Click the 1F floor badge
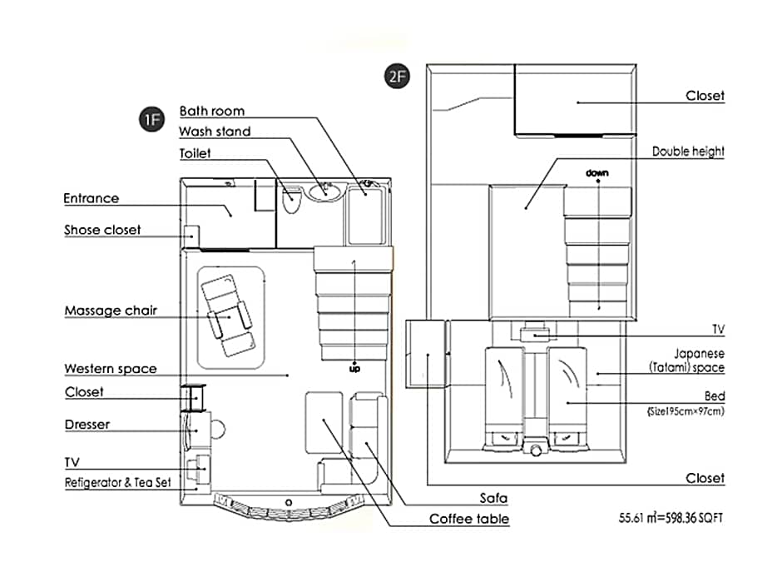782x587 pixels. click(x=151, y=119)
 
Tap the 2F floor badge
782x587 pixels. click(x=397, y=77)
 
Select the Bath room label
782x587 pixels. click(x=212, y=111)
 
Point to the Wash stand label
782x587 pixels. click(x=215, y=132)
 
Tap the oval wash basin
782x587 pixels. click(x=324, y=192)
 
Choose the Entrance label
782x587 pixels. click(x=92, y=198)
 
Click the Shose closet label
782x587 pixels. click(x=102, y=230)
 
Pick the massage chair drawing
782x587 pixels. click(x=229, y=316)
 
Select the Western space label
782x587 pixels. click(x=111, y=368)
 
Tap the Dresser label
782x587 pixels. click(x=87, y=425)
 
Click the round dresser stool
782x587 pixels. click(x=218, y=429)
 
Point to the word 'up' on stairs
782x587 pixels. click(x=354, y=369)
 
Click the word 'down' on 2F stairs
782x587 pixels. click(x=597, y=172)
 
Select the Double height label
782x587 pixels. click(x=688, y=152)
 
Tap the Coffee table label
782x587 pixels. click(x=469, y=519)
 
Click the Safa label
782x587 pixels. click(x=493, y=498)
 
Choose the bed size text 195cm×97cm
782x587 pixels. click(x=685, y=411)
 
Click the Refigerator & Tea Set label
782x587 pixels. click(x=117, y=483)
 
